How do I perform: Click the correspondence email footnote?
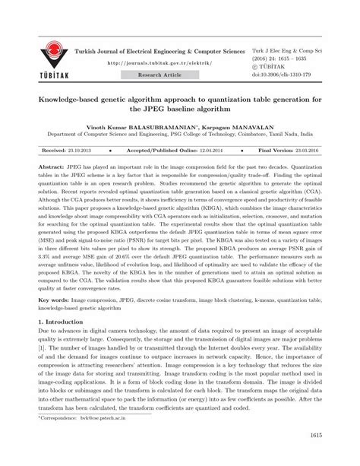point(84,439)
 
